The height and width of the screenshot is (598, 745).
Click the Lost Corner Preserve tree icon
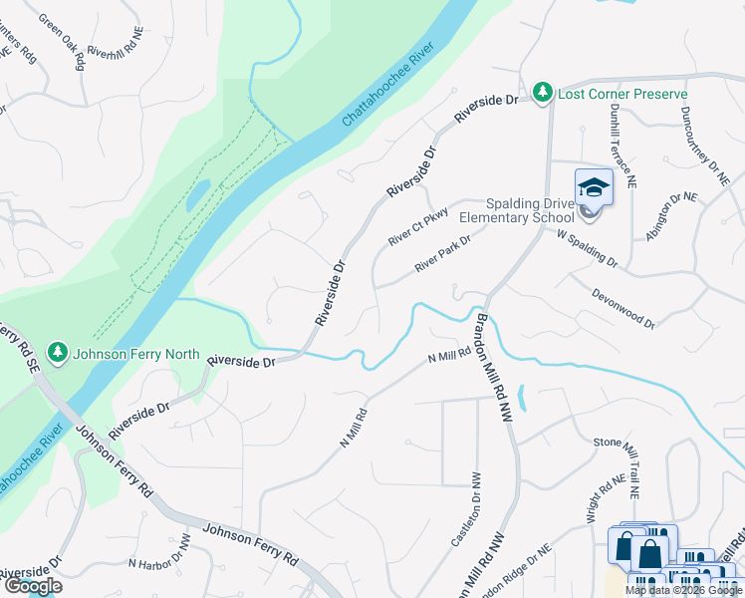[x=542, y=93]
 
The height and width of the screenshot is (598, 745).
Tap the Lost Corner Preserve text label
[x=622, y=94]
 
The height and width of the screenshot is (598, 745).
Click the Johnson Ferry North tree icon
[x=58, y=353]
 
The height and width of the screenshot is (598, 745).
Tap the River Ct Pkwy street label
[x=418, y=228]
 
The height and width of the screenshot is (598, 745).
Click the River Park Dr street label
[x=442, y=255]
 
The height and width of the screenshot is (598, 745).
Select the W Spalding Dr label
[x=587, y=248]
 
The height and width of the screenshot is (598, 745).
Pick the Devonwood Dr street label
[x=621, y=308]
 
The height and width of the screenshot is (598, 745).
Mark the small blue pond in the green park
[x=198, y=194]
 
